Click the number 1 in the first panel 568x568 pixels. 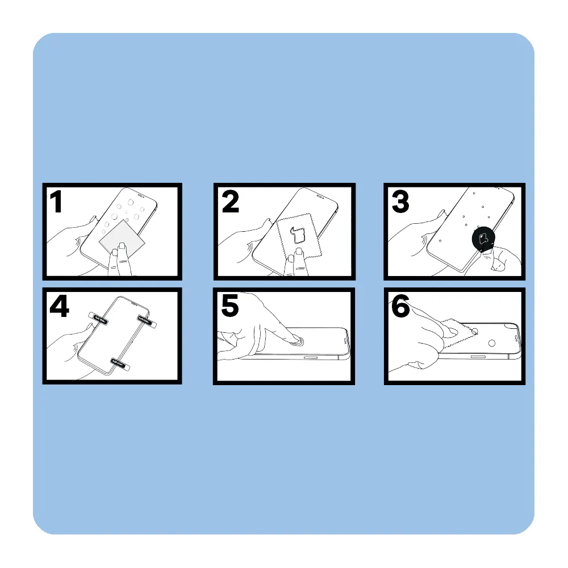click(56, 202)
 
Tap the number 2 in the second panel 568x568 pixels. click(231, 202)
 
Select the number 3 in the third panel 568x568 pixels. click(400, 202)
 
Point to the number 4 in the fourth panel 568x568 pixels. click(59, 307)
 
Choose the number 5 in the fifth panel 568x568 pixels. click(230, 306)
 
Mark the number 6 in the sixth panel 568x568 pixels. click(400, 306)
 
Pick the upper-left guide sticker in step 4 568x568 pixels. click(98, 318)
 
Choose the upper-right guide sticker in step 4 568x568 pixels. click(147, 321)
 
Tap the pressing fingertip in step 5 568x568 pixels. click(296, 340)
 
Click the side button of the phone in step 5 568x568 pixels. click(311, 357)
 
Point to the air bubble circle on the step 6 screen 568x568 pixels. click(491, 343)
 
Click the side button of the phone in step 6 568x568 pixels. click(478, 357)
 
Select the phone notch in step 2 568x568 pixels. click(320, 197)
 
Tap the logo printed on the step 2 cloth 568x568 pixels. click(298, 235)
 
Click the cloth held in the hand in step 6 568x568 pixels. click(458, 331)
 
